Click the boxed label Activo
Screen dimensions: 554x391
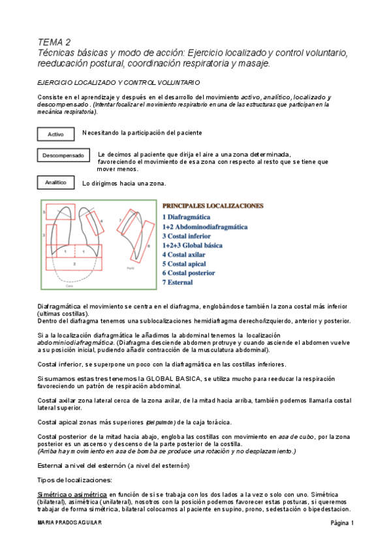[56, 134]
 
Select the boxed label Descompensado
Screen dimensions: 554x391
[63, 156]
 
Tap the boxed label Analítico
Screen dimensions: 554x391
[56, 182]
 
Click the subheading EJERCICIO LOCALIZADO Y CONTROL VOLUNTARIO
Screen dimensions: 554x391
[118, 82]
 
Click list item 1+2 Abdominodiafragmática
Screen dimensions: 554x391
[205, 227]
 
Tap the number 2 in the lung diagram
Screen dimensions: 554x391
[74, 263]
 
